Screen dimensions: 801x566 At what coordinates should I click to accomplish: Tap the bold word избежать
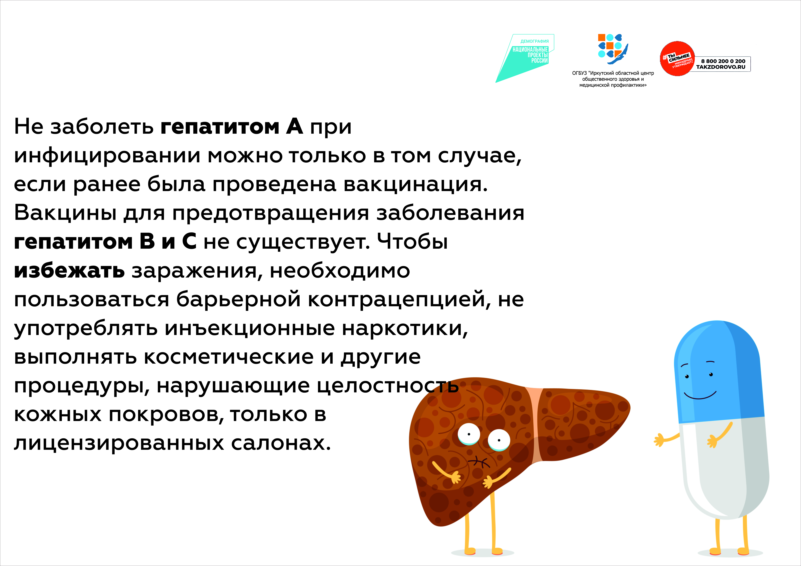pos(69,270)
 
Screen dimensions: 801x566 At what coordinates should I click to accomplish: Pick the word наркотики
pos(405,328)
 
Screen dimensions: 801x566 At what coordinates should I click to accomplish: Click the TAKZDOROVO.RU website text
pos(721,67)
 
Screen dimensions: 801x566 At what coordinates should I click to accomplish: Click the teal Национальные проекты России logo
pos(525,58)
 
